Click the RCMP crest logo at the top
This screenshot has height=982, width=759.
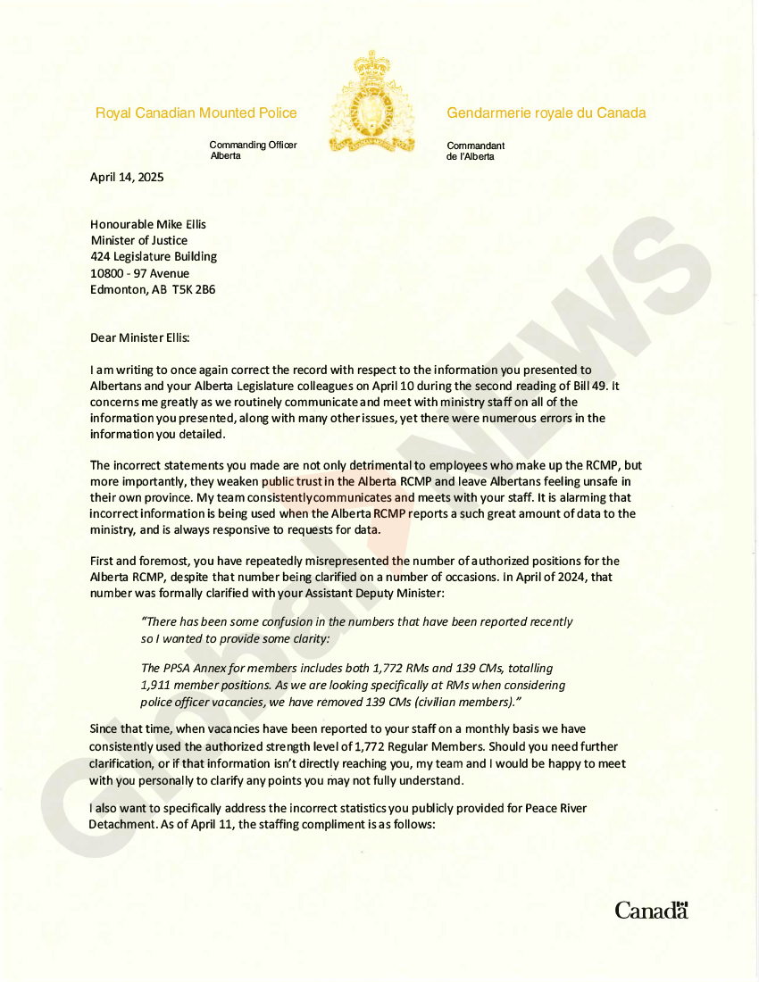(371, 103)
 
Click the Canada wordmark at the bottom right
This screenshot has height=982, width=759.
(651, 911)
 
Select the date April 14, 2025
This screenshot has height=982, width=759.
(127, 177)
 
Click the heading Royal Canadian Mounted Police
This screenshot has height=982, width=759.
(196, 113)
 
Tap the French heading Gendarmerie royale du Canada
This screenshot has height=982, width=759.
(546, 113)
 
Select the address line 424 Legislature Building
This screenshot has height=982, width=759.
(154, 257)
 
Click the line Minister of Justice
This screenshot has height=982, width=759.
(139, 241)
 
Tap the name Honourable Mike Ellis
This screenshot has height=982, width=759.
(148, 225)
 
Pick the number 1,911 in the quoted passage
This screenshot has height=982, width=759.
(158, 686)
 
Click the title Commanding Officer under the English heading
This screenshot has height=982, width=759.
(253, 145)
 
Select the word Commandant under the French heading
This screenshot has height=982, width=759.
(475, 146)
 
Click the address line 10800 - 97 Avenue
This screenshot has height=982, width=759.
(140, 274)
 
